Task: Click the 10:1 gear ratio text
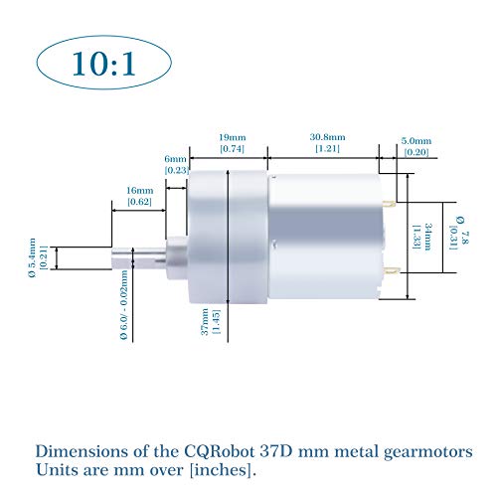[103, 64]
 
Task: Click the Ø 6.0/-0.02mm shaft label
[124, 305]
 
